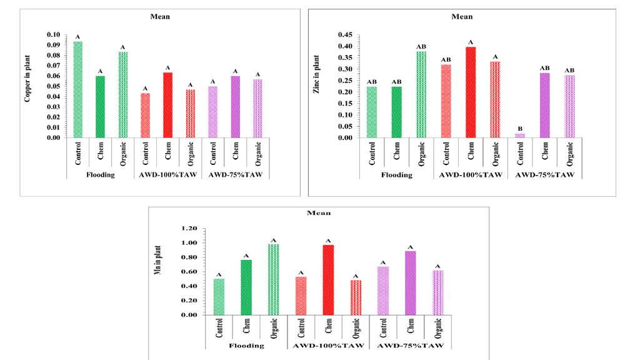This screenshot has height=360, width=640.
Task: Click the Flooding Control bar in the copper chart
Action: pos(78,89)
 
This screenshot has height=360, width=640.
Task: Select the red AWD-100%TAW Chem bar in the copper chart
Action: pos(167,105)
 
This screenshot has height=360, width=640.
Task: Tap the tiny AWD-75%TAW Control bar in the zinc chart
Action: pos(520,136)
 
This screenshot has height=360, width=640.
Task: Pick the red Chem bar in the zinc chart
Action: pos(470,92)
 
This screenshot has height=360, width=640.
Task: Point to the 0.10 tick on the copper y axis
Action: pos(53,35)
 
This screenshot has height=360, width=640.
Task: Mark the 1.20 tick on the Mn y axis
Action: pos(189,228)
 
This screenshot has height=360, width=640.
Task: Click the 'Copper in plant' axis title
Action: pos(28,86)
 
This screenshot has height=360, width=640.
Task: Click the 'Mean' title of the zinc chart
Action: pos(462,16)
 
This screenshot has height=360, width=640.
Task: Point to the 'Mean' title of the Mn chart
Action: pos(318,213)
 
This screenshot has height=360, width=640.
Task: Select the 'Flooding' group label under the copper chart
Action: pos(100,175)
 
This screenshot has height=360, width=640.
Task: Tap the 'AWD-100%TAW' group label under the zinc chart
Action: pos(470,175)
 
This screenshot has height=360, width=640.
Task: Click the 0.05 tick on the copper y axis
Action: pos(53,86)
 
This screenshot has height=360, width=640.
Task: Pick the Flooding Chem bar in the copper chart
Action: pos(100,107)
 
